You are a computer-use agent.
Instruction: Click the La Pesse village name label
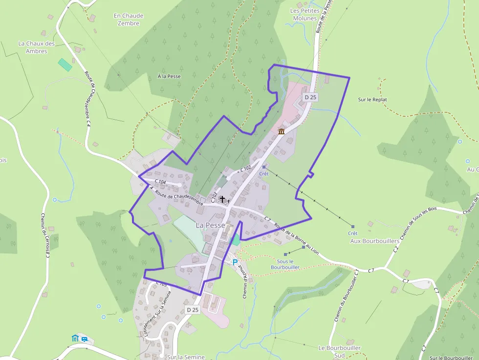(x=211, y=225)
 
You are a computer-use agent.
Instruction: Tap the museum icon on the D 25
(x=282, y=131)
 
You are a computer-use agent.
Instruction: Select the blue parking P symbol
(x=235, y=262)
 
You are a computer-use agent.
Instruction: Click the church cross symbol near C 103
(x=222, y=199)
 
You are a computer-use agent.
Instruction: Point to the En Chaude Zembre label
(x=129, y=20)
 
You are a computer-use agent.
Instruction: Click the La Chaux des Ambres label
(x=37, y=47)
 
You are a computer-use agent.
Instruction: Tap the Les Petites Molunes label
(x=305, y=15)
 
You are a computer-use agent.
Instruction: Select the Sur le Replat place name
(x=372, y=100)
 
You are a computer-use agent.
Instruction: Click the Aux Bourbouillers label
(x=375, y=241)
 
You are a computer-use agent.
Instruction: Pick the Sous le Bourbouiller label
(x=284, y=264)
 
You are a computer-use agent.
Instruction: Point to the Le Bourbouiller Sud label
(x=339, y=351)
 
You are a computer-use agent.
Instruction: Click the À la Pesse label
(x=169, y=76)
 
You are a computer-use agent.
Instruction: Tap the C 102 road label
(x=245, y=168)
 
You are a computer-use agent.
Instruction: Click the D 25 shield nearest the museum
(x=310, y=97)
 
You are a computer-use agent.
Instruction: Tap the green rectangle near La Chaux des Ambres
(x=65, y=64)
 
